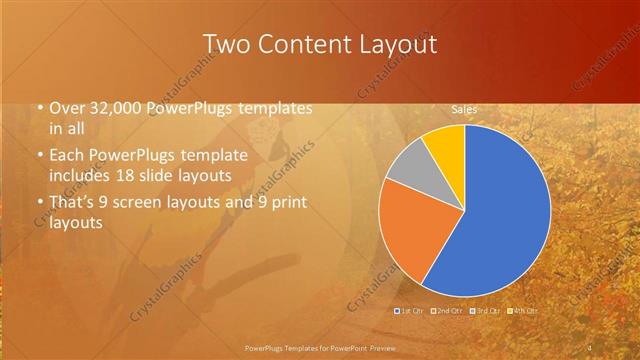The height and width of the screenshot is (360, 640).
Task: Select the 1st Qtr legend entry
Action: point(412,311)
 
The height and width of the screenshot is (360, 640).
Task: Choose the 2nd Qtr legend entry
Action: point(447,311)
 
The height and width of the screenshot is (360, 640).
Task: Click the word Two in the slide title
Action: point(224,44)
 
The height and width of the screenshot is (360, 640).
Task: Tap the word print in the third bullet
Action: point(288,203)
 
